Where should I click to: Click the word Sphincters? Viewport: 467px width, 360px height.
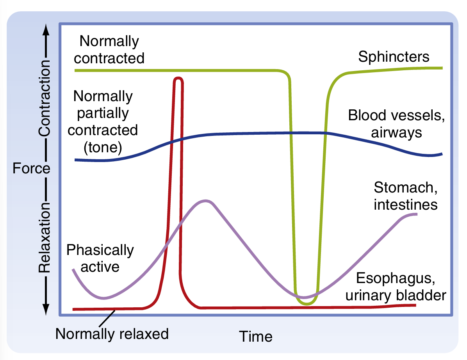pyautogui.click(x=394, y=57)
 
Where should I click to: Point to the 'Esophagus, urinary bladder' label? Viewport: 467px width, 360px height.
pyautogui.click(x=396, y=288)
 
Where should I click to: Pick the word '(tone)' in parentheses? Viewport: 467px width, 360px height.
pyautogui.click(x=103, y=148)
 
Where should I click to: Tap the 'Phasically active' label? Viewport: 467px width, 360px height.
pyautogui.click(x=100, y=258)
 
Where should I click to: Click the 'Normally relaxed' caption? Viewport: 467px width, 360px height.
pyautogui.click(x=112, y=334)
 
